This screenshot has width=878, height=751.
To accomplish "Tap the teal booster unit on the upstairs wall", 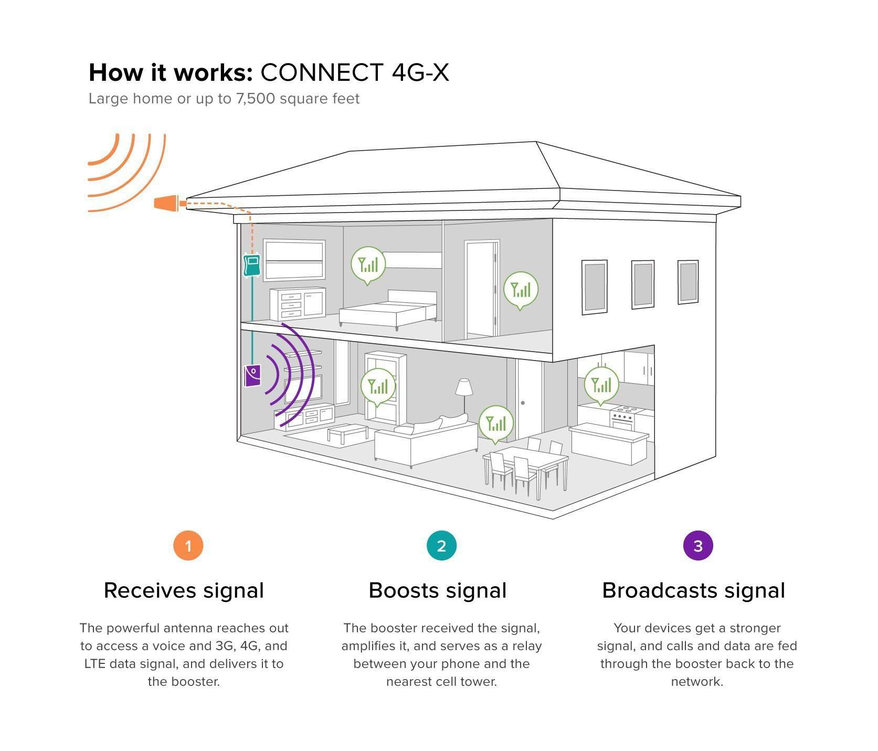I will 252,265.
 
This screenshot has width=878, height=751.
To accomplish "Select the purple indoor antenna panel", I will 252,376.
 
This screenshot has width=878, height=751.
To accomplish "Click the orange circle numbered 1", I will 188,546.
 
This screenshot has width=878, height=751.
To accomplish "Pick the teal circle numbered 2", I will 441,546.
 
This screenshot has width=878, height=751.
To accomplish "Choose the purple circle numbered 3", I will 697,546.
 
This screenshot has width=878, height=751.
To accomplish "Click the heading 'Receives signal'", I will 184,590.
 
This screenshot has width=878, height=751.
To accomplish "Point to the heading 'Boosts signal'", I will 438,590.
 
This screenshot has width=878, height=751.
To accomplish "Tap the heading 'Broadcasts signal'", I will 693,590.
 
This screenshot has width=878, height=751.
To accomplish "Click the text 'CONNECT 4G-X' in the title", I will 355,72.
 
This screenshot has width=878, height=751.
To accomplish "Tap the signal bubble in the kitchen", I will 601,384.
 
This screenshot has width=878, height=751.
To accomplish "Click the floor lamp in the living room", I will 464,391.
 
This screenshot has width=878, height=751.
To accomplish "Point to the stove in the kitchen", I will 623,418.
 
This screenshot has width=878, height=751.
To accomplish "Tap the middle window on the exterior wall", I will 642,284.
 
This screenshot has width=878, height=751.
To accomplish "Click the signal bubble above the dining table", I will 495,422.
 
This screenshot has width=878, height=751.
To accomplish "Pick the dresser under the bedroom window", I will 298,304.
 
